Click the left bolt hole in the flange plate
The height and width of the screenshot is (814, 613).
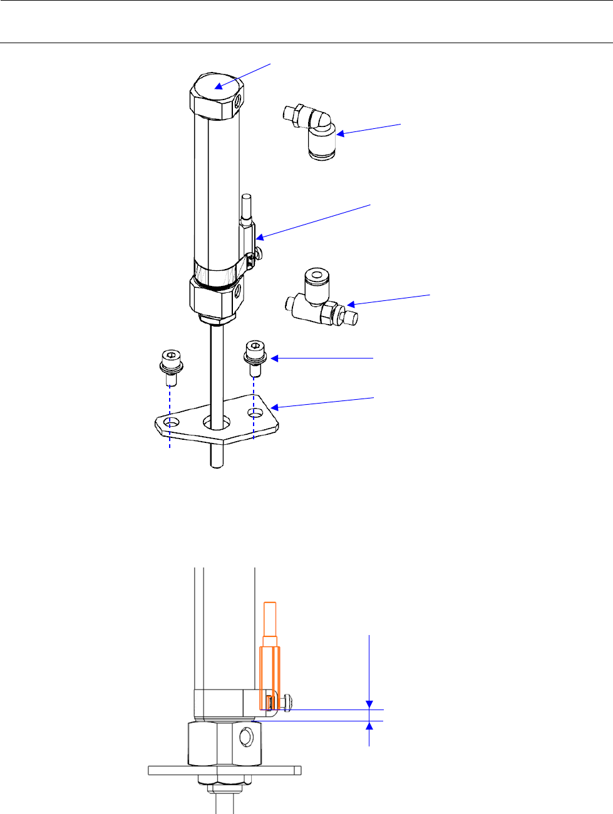coord(170,425)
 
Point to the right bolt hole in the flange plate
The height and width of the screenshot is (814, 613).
coord(255,414)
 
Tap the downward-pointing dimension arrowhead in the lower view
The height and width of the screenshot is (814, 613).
coord(369,704)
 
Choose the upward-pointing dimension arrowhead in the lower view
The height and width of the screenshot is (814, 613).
coord(369,726)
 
